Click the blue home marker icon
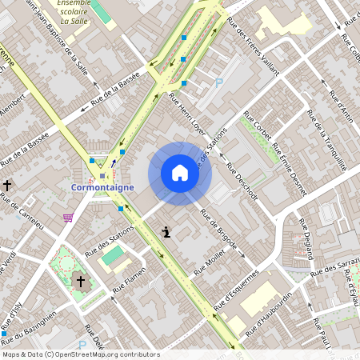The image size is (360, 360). pos(180,173)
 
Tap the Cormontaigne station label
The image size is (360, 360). pos(102,187)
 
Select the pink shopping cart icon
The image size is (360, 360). pos(69,217)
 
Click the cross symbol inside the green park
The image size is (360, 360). pos(79,280)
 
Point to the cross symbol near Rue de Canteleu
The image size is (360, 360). pos(7,185)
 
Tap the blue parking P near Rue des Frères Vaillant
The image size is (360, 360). pos(218,82)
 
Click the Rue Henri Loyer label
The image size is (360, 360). pos(187,114)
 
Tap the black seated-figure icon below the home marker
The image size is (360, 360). pos(166,233)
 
